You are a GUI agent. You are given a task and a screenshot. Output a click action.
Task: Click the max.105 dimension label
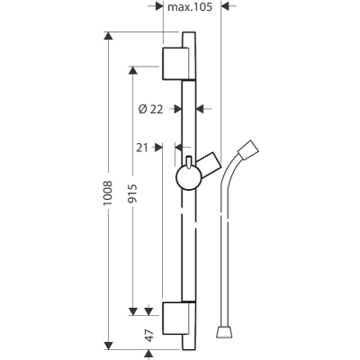tap(190, 7)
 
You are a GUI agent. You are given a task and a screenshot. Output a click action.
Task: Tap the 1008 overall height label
tap(107, 193)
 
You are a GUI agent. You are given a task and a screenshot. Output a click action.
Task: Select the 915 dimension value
tap(132, 193)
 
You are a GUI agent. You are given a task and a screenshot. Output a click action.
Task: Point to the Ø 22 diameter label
tap(150, 109)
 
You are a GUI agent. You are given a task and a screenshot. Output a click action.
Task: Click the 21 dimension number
tap(142, 148)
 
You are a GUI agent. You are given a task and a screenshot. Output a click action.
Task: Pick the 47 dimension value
tap(149, 335)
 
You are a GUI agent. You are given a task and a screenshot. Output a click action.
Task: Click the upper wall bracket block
tap(175, 64)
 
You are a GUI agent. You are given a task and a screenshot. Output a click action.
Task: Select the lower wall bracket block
tap(175, 319)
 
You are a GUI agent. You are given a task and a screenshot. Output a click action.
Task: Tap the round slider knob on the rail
tap(188, 178)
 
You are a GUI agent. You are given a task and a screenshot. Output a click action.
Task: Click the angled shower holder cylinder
tap(209, 165)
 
